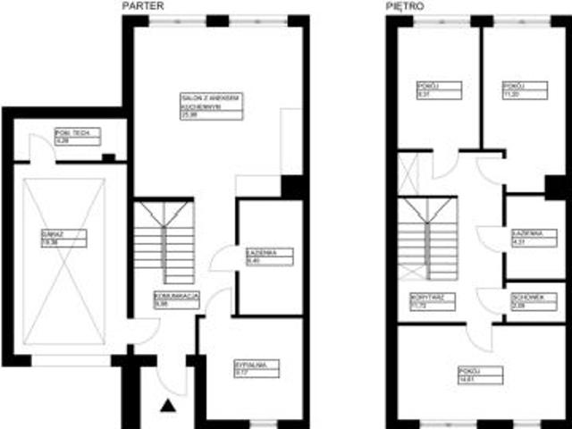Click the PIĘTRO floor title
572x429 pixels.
(x=407, y=6)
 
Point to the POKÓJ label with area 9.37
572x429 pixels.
(x=439, y=89)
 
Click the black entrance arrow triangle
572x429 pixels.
(x=167, y=408)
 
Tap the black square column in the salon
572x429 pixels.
(x=292, y=187)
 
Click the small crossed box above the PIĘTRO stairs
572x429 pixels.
(x=408, y=173)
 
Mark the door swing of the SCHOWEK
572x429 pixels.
(x=489, y=299)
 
